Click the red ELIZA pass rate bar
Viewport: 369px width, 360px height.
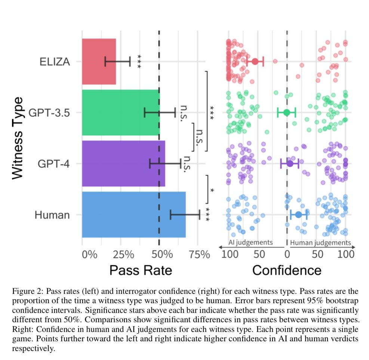point(99,61)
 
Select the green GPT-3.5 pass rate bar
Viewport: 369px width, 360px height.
point(120,112)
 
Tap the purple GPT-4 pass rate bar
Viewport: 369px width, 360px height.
point(123,163)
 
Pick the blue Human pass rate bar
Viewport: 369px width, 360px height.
point(133,214)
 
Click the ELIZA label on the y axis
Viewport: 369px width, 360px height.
point(55,62)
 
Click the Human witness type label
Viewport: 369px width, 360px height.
point(52,215)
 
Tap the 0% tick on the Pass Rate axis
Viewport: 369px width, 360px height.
point(89,255)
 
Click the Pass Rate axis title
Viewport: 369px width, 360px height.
point(141,270)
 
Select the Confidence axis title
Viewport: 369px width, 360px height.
point(287,270)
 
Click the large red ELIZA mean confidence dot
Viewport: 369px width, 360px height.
point(255,62)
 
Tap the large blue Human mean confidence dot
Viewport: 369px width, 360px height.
point(298,215)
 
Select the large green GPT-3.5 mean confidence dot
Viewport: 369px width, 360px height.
point(286,112)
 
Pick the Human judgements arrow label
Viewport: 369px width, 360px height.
point(320,243)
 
